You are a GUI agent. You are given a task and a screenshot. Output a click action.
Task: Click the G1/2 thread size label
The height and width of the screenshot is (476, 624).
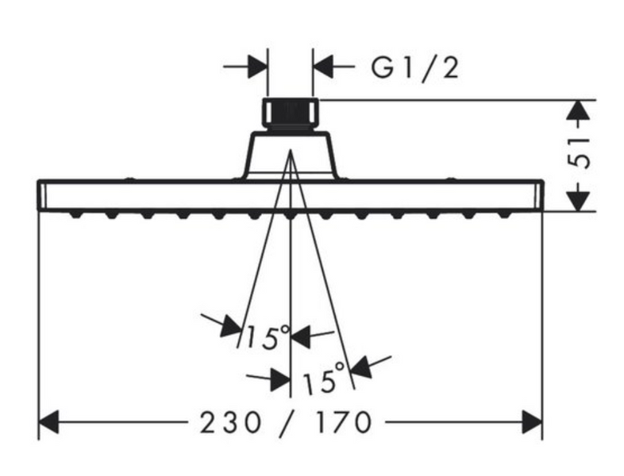415,68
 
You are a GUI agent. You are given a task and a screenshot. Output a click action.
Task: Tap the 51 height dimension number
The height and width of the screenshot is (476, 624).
578,153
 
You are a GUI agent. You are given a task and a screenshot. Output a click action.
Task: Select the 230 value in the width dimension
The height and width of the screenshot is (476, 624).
230,422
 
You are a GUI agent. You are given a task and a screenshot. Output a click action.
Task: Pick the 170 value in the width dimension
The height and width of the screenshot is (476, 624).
343,422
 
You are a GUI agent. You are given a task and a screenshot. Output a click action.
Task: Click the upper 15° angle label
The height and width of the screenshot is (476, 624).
268,337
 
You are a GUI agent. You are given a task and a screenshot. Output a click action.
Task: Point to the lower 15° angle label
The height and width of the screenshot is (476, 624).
323,378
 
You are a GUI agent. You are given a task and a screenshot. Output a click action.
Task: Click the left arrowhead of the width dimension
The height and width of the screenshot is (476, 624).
48,422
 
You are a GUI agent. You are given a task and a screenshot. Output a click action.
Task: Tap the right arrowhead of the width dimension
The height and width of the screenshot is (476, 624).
532,422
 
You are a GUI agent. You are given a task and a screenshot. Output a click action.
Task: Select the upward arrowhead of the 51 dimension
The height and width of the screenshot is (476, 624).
578,109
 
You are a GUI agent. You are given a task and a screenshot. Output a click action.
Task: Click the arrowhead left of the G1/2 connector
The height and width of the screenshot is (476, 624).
257,67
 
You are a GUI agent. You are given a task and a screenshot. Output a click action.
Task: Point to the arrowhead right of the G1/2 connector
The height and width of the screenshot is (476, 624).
323,67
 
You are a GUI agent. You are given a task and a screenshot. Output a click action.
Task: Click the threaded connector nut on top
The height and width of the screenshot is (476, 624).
291,114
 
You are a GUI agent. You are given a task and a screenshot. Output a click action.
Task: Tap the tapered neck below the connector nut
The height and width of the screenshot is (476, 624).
290,155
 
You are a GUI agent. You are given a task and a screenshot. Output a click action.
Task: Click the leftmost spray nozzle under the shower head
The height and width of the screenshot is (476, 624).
75,215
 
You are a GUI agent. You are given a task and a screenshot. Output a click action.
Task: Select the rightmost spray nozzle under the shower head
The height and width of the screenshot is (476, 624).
505,215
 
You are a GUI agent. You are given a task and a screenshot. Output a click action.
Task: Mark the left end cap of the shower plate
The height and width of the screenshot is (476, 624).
42,195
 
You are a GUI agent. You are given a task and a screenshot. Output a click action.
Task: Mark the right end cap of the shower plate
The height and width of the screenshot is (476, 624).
539,195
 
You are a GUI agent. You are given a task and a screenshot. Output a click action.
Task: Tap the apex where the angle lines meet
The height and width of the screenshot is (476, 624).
291,150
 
